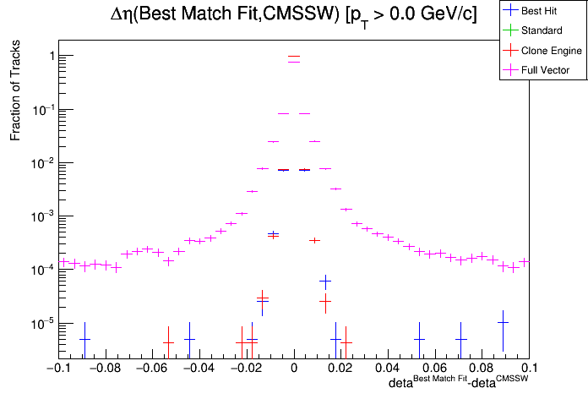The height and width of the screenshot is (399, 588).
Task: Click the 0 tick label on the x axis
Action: (x=293, y=369)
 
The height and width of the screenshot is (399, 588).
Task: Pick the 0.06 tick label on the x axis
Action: (x=434, y=369)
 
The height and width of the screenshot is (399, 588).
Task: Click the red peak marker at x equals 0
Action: (x=293, y=57)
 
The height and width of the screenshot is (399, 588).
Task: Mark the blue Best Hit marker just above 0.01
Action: (x=325, y=281)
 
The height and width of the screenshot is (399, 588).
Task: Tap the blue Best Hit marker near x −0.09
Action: (x=84, y=339)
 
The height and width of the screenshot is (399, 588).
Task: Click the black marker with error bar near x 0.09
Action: (x=503, y=323)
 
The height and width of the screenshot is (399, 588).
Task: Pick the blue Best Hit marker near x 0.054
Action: (x=419, y=339)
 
